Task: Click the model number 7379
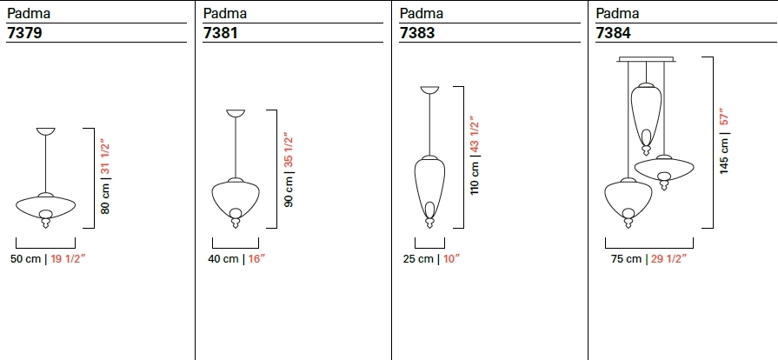(x=24, y=33)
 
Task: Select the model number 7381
(x=220, y=33)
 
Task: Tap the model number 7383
(x=416, y=33)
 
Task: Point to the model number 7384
(x=613, y=33)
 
